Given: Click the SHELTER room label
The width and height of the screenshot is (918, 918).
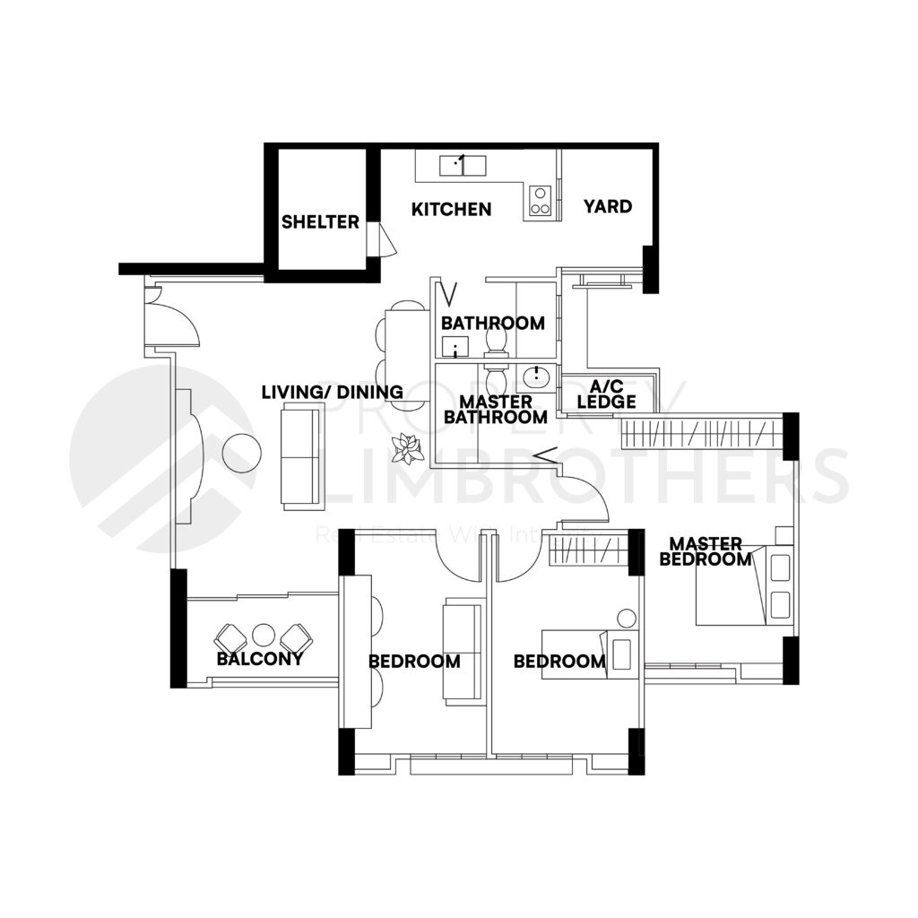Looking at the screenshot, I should click(320, 221).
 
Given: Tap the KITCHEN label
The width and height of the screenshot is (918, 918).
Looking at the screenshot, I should click(451, 209).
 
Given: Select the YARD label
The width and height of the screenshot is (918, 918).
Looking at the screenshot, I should click(608, 206).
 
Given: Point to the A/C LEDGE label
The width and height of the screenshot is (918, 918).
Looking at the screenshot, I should click(606, 394).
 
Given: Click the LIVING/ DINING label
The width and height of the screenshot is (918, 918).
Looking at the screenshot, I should click(332, 392).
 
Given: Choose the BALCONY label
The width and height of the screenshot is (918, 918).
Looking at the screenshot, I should click(259, 659).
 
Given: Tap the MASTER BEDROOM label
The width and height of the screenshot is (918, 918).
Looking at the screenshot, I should click(706, 551).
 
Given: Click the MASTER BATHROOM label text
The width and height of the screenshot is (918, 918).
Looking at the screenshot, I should click(496, 409).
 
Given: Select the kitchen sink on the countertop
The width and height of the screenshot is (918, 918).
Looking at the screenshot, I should click(462, 165).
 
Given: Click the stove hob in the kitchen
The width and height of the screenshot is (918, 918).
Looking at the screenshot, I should click(540, 201).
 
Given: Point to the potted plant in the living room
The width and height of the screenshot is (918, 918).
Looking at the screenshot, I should click(410, 448).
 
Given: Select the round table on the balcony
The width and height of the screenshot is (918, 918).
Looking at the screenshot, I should click(263, 636).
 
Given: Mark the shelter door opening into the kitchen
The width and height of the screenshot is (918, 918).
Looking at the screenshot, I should click(384, 240).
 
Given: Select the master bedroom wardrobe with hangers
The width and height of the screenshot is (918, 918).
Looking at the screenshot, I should click(699, 432).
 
